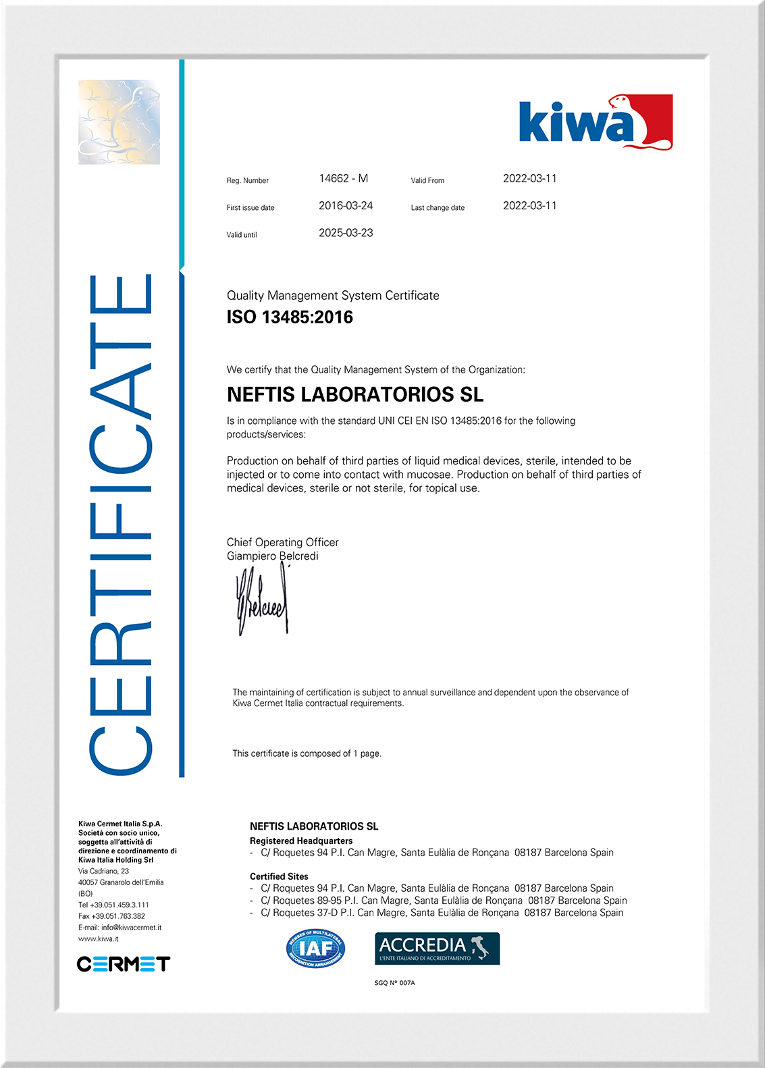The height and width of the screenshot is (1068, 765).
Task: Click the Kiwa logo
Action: [596, 122]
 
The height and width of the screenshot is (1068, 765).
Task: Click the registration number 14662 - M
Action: [344, 179]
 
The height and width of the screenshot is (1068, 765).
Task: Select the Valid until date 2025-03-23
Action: [346, 233]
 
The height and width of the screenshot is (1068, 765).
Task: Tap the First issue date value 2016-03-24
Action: [346, 206]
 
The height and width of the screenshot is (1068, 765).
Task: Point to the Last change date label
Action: [438, 208]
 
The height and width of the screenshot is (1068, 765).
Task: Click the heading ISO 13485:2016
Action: [290, 317]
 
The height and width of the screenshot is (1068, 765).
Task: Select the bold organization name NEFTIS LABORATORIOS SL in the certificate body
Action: [355, 394]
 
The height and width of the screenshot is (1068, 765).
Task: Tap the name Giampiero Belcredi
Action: [272, 556]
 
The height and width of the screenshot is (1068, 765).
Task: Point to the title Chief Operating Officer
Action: [282, 542]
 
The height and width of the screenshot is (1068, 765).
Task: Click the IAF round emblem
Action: [315, 949]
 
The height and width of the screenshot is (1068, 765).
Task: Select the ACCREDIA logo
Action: [437, 948]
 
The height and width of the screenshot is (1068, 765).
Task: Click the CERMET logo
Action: [124, 963]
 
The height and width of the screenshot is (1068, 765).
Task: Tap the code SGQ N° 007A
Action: [394, 983]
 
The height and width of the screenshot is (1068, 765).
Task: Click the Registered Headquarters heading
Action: [301, 841]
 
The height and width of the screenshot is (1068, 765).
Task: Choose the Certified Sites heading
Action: [279, 876]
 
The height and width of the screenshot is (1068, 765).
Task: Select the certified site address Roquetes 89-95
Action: [444, 901]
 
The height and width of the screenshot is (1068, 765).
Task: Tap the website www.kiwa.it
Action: [99, 939]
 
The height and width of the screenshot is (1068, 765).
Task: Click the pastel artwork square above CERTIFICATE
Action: [120, 122]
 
